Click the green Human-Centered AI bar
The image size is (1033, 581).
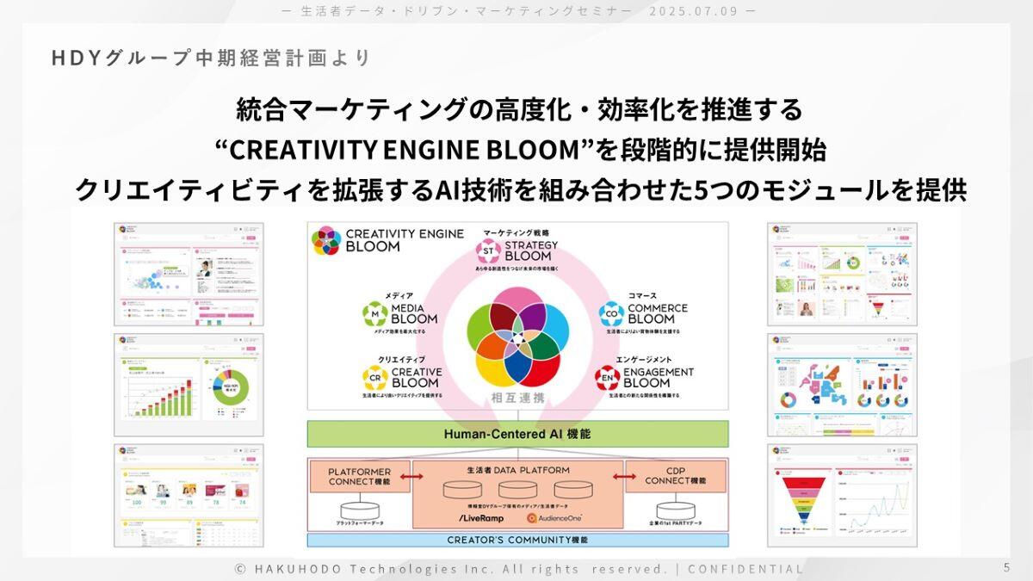tap(517, 434)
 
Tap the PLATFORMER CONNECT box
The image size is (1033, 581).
tap(360, 476)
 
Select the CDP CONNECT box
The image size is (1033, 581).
tap(675, 476)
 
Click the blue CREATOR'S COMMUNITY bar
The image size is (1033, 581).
tap(517, 541)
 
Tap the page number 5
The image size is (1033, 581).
tap(1006, 568)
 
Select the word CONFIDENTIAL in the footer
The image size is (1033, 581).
tap(745, 569)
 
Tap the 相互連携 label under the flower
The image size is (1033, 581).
tap(517, 398)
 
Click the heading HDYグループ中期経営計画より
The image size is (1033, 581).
tap(211, 58)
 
